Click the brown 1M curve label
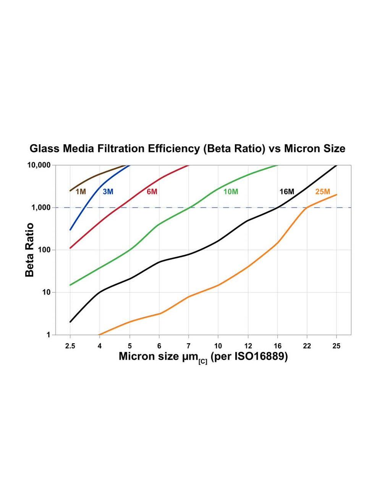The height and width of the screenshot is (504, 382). point(81,192)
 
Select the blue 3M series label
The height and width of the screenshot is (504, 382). point(108,192)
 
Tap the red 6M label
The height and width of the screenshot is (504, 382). point(152,192)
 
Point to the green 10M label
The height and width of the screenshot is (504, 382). point(231,192)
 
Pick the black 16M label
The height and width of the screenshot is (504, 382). point(287,192)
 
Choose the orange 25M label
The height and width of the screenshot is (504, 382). point(323,192)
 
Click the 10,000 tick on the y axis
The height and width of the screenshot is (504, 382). point(39,165)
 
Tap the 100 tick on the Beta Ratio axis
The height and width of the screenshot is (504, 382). point(44,250)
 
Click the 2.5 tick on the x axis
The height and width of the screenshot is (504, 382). point(70,346)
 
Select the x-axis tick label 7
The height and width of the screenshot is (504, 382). point(188,346)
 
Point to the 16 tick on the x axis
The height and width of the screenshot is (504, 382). point(277,346)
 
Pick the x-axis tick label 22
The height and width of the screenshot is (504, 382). point(307,346)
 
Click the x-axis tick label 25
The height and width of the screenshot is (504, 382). point(336,346)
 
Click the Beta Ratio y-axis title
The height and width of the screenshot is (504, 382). point(30,250)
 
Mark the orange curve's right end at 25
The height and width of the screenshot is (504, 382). point(337,195)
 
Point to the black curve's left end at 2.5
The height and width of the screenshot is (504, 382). point(70,322)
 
